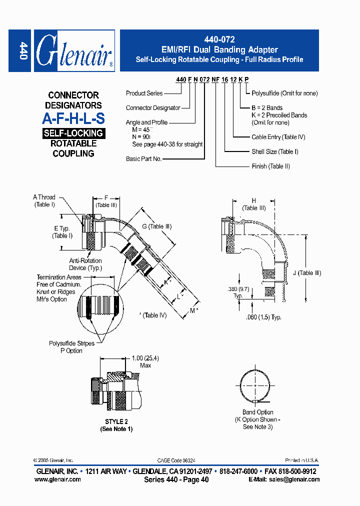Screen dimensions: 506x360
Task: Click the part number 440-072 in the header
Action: (x=219, y=39)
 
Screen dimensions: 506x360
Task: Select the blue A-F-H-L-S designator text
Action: (x=73, y=118)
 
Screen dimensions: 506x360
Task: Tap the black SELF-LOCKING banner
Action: (x=73, y=133)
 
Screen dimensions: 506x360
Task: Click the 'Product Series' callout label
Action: (x=144, y=93)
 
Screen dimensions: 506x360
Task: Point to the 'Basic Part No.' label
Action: (x=144, y=158)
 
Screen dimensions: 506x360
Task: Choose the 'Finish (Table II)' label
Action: (x=270, y=166)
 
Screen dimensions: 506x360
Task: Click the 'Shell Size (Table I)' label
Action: (x=274, y=151)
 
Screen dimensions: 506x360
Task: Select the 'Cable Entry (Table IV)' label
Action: (x=278, y=137)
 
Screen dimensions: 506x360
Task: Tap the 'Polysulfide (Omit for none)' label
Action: (x=284, y=93)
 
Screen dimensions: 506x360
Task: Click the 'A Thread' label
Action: (x=44, y=197)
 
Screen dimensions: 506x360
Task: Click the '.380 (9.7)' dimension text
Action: (x=238, y=290)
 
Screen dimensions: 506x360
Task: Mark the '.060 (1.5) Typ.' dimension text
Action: (x=263, y=317)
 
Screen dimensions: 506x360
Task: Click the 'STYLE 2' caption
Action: (x=116, y=421)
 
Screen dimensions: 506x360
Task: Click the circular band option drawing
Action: (x=255, y=385)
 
